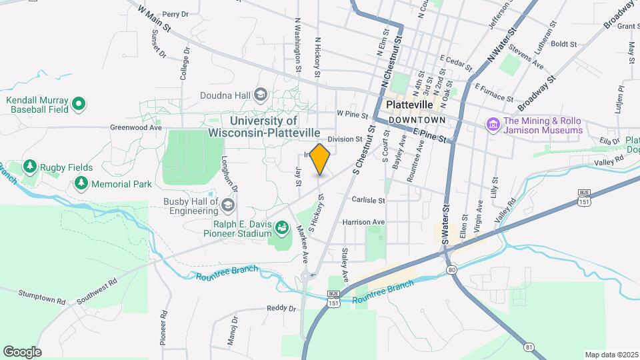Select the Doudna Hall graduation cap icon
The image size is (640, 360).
(x=261, y=95)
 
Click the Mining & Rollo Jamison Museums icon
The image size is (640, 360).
(x=493, y=125)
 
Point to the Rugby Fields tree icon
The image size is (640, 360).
(x=29, y=166)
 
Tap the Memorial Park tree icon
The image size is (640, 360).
(x=81, y=182)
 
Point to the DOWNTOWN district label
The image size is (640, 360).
(x=417, y=119)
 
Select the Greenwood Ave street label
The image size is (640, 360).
(x=136, y=127)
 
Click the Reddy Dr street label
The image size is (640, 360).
(x=281, y=308)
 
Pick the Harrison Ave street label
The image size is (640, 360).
(x=363, y=221)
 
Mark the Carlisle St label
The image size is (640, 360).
(x=369, y=199)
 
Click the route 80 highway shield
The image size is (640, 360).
(x=451, y=269)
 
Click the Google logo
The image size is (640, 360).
(x=22, y=351)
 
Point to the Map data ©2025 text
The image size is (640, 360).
(x=611, y=354)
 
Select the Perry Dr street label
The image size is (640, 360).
(x=175, y=13)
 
